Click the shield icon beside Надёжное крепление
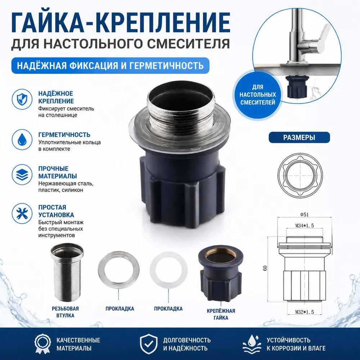tap(22, 99)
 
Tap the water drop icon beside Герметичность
tap(22, 140)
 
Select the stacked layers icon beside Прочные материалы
tap(22, 175)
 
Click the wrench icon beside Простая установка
tap(22, 213)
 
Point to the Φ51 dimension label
tap(305, 215)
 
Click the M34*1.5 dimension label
tap(305, 226)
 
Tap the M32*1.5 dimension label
tap(305, 312)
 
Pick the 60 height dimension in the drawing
tap(265, 268)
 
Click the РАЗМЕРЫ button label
tap(299, 138)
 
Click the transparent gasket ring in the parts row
tap(118, 269)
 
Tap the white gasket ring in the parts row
tap(168, 269)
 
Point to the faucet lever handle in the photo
tap(321, 36)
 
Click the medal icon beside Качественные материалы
tap(43, 344)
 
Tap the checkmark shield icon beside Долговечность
tap(149, 344)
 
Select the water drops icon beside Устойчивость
tap(252, 344)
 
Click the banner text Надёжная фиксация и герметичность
tap(110, 66)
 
